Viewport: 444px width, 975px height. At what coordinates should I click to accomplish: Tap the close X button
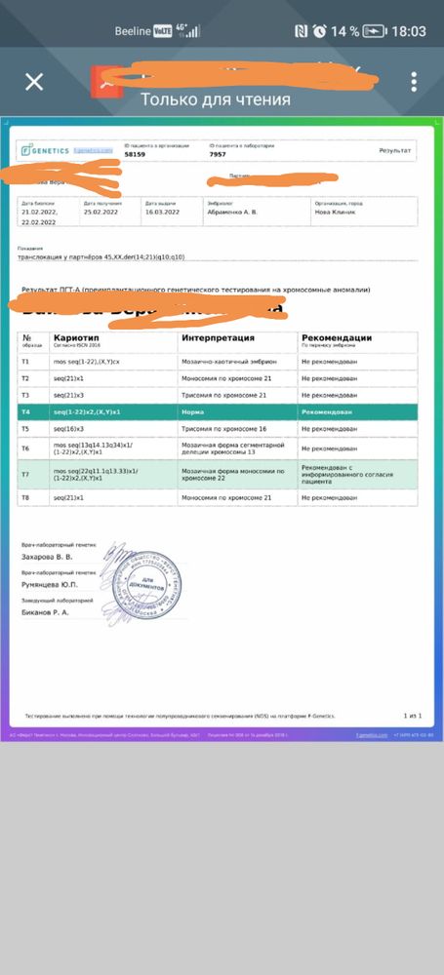click(34, 81)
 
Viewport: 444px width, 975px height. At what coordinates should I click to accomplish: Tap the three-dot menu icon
click(414, 81)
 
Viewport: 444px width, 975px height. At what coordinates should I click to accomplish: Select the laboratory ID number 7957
click(218, 155)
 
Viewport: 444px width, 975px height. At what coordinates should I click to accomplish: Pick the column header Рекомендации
click(336, 337)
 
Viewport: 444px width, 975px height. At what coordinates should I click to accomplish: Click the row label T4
click(25, 412)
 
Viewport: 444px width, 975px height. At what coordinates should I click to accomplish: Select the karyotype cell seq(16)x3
click(69, 428)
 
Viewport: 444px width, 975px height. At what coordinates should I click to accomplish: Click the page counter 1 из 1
click(411, 715)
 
